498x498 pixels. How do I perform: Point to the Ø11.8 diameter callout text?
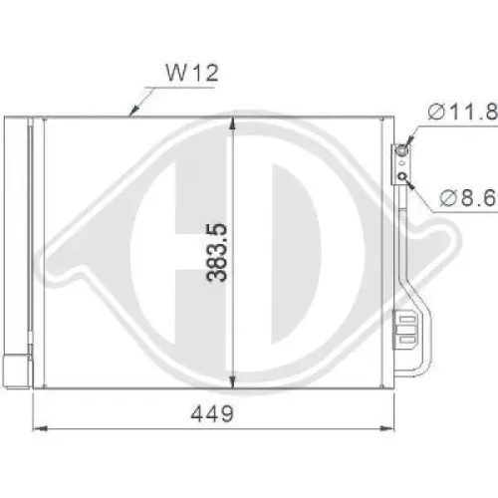pos(461,112)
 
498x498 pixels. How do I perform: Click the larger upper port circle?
pos(402,151)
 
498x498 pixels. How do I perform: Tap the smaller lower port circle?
pos(402,177)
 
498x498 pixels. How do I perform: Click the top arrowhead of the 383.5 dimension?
pos(233,124)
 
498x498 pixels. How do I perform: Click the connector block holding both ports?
pos(402,164)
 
